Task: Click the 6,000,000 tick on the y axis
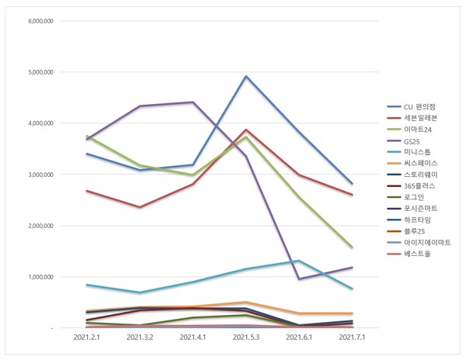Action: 40,21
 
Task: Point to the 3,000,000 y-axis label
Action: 40,175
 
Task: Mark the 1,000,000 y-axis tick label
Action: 40,277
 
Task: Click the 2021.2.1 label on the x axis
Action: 86,338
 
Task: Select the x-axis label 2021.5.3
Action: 245,338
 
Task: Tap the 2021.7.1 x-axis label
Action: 352,338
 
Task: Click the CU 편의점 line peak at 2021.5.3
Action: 245,76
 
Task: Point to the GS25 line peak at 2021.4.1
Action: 193,102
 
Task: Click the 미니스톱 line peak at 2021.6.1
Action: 299,261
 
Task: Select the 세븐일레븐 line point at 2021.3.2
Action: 140,207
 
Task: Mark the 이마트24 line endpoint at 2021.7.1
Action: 352,247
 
